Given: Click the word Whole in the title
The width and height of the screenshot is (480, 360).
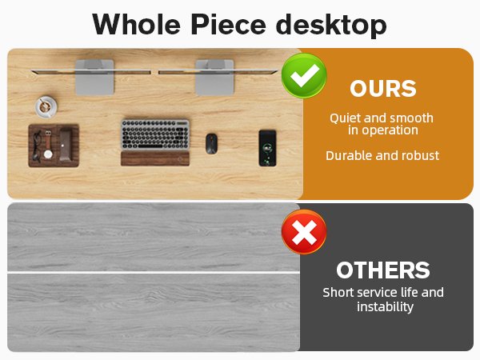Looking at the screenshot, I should click(x=136, y=24).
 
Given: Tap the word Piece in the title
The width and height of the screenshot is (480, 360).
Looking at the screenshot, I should click(x=230, y=24).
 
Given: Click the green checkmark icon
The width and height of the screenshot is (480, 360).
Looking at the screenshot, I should click(x=303, y=76).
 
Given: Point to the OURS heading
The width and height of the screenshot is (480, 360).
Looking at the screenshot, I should click(x=382, y=88).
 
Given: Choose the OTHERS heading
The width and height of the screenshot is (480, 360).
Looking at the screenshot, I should click(x=382, y=270).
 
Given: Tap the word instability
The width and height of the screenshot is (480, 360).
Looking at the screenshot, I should click(x=385, y=306).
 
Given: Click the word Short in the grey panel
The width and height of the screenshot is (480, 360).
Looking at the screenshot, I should click(x=340, y=292).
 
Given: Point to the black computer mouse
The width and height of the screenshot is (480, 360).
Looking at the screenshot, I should click(x=211, y=143).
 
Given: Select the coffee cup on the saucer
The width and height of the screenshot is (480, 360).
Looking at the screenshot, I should click(x=46, y=105).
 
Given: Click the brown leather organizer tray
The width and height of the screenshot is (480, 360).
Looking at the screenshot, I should click(x=54, y=145).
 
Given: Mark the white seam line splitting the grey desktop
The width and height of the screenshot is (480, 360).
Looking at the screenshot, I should click(x=152, y=273).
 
